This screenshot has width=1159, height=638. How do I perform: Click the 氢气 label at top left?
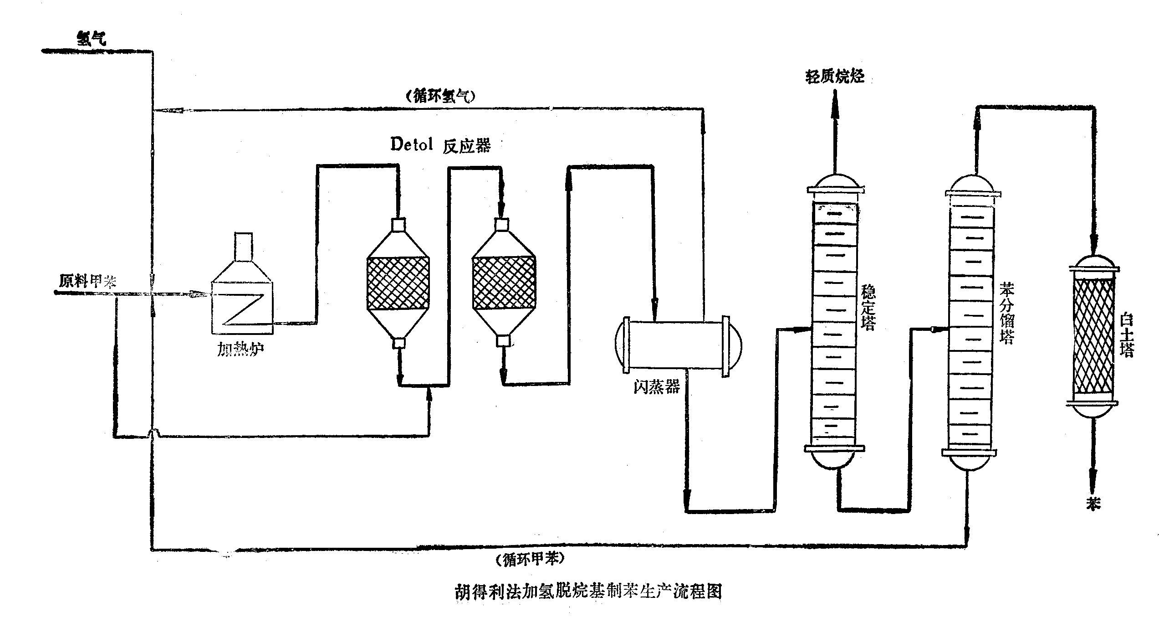pos(92,39)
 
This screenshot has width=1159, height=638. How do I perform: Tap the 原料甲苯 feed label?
pos(87,281)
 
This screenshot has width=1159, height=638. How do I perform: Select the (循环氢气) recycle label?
pos(440,97)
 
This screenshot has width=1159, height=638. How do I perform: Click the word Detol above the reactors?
pos(411,144)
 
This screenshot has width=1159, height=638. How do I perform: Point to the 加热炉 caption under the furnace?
pos(240,349)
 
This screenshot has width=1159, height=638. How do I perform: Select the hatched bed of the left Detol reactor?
pos(398,283)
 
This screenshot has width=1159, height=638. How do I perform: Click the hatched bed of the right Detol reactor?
pos(503,283)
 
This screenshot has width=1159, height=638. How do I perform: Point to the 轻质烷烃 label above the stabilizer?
pos(835,76)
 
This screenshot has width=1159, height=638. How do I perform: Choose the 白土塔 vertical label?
pos(1127,335)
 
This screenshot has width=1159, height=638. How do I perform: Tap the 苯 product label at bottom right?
pos(1093,504)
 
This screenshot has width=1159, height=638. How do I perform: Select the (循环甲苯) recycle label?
pos(531,559)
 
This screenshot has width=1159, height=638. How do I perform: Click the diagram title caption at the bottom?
pos(588,592)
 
